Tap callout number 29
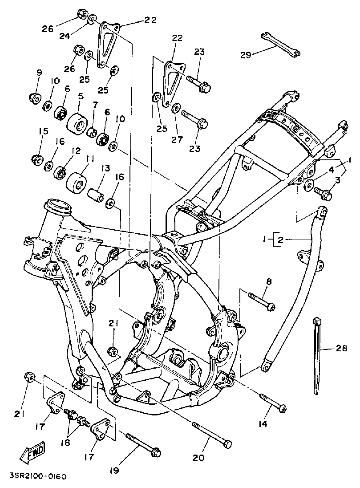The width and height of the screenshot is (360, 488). [x=245, y=55]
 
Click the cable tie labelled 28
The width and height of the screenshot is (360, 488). [x=317, y=356]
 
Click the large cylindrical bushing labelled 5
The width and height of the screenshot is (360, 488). [x=77, y=122]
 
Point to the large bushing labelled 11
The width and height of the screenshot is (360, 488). [x=77, y=181]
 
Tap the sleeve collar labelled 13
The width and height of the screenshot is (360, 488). [x=95, y=195]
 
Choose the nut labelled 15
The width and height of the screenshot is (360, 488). [x=36, y=159]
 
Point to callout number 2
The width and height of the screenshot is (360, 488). [x=280, y=240]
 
